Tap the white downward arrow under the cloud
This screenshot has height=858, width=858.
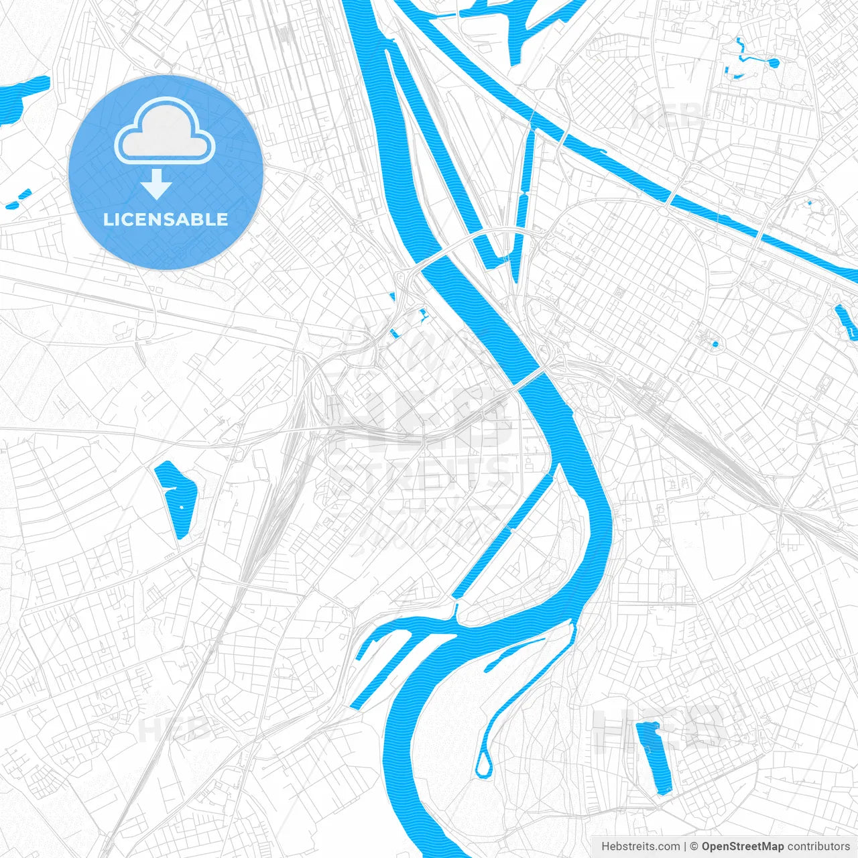tap(156, 184)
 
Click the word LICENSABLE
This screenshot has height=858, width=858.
tap(165, 219)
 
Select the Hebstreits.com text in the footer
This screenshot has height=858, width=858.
tap(640, 846)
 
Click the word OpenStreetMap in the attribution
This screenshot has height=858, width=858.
tap(742, 846)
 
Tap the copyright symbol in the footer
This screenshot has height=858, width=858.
tap(694, 846)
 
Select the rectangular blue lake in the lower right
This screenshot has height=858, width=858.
tap(654, 757)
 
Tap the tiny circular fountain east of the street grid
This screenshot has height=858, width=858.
tap(715, 345)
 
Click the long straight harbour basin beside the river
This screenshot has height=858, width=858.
tap(503, 536)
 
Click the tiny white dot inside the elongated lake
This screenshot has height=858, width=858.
tap(180, 507)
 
